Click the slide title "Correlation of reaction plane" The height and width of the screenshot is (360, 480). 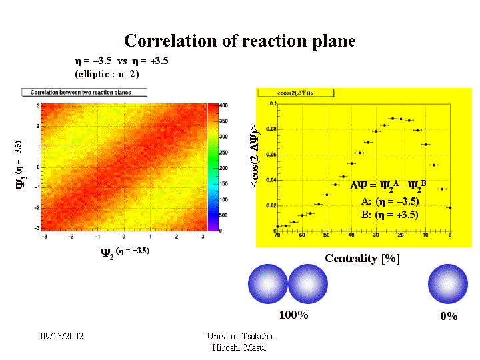[240, 41]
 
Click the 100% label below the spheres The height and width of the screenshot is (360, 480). [293, 315]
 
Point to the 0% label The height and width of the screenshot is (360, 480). [449, 317]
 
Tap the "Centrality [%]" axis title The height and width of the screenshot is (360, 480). [362, 259]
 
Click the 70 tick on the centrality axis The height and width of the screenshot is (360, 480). [277, 235]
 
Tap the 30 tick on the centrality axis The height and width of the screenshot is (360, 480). [376, 235]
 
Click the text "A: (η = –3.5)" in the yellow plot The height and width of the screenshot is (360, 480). [389, 201]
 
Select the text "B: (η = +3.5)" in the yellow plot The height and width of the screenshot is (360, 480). [389, 215]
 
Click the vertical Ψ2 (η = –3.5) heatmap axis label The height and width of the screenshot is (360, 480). [20, 164]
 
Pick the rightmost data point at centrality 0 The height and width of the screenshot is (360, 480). [451, 207]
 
